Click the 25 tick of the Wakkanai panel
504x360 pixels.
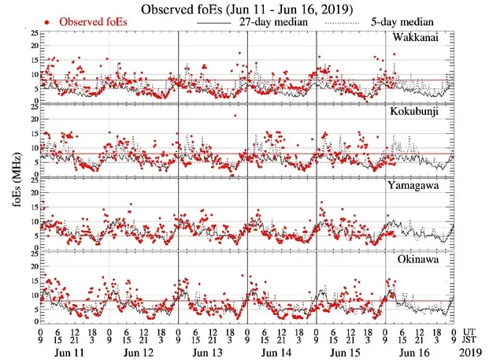click(x=31, y=34)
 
